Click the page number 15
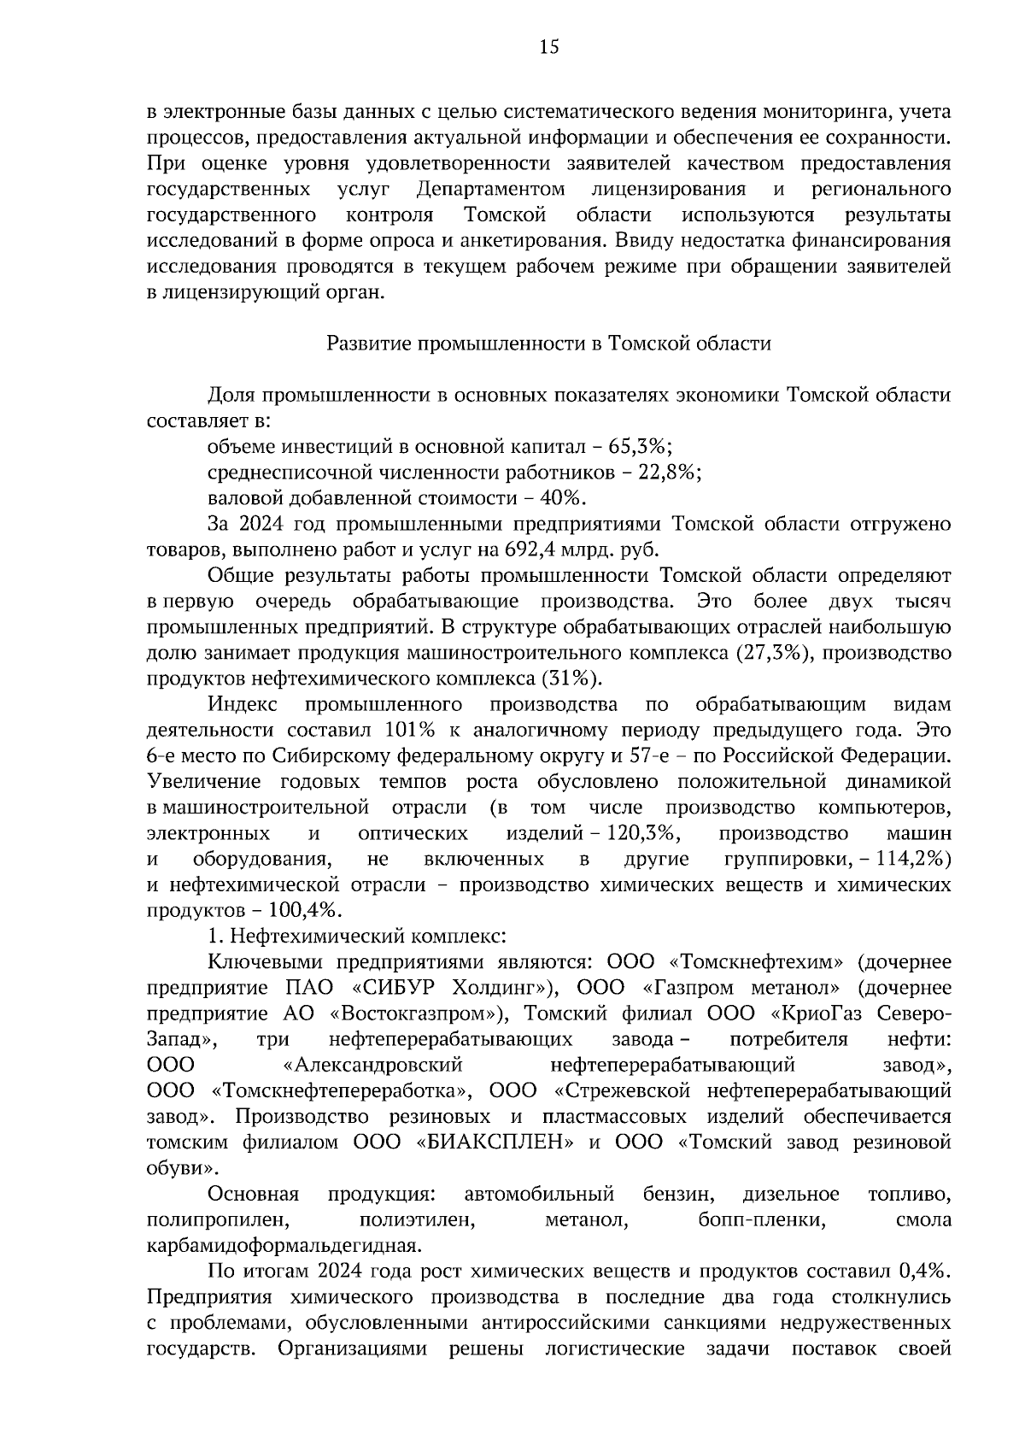(548, 48)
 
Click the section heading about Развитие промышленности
(549, 344)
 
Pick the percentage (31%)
(571, 679)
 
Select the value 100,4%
(300, 910)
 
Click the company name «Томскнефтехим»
(751, 962)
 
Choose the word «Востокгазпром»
(413, 1013)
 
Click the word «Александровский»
(372, 1065)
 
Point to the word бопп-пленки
(761, 1219)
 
